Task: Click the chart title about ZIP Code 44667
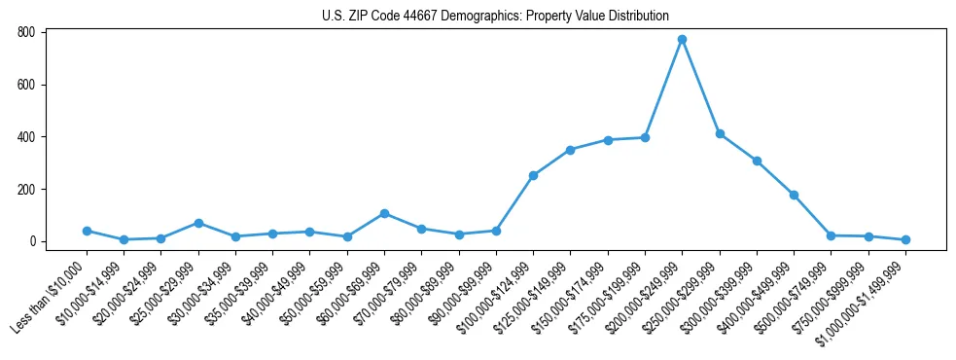tap(495, 17)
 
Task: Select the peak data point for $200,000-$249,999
tap(682, 40)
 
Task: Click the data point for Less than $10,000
tap(87, 231)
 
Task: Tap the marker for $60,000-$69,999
tap(384, 213)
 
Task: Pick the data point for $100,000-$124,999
tap(533, 175)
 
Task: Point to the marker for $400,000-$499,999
tap(794, 195)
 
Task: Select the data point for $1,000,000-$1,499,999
tap(905, 239)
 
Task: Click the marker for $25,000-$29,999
tap(198, 223)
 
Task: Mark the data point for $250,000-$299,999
tap(720, 133)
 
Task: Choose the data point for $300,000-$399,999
tap(757, 161)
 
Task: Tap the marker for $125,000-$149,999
tap(570, 150)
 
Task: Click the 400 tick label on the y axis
tap(27, 137)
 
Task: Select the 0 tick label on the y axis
tap(32, 241)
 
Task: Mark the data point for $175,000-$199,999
tap(645, 137)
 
